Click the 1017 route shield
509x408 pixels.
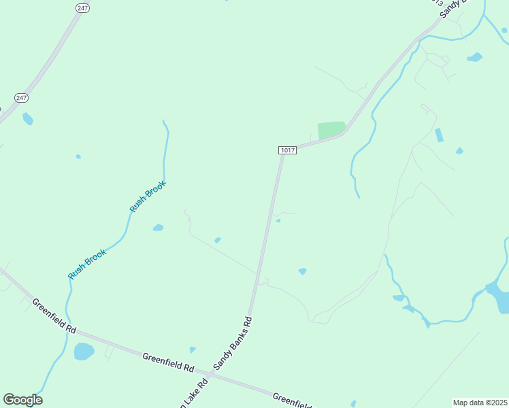point(287,150)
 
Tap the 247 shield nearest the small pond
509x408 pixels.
point(22,98)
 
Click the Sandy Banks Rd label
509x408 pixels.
point(233,343)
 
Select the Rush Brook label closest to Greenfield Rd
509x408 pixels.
point(87,264)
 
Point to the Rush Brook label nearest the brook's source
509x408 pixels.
point(148,197)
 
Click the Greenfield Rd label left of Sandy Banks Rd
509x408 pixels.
point(168,361)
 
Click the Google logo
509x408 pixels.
point(22,400)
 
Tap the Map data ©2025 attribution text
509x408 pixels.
point(480,403)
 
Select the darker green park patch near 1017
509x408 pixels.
point(331,129)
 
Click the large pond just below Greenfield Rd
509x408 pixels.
point(84,352)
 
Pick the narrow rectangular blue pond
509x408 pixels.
point(439,135)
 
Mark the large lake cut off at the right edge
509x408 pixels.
point(499,296)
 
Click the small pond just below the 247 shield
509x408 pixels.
point(27,119)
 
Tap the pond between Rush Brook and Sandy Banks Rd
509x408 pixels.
point(158,227)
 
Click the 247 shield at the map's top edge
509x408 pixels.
point(82,7)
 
